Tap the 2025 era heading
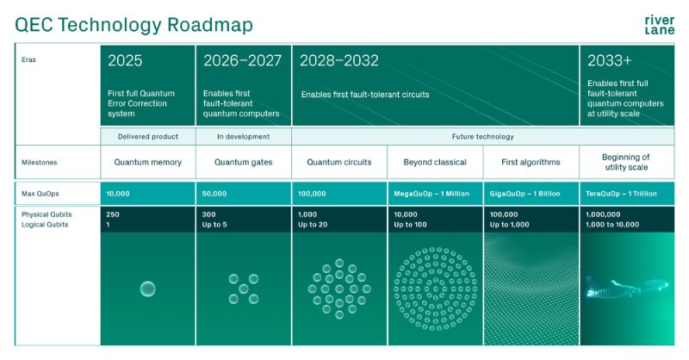pyautogui.click(x=125, y=60)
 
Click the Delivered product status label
pyautogui.click(x=148, y=136)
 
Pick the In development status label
pyautogui.click(x=244, y=136)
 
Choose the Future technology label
pyautogui.click(x=483, y=136)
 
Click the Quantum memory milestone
pyautogui.click(x=147, y=161)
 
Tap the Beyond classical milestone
pyautogui.click(x=436, y=161)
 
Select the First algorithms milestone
pyautogui.click(x=531, y=161)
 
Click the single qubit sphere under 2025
pyautogui.click(x=147, y=289)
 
